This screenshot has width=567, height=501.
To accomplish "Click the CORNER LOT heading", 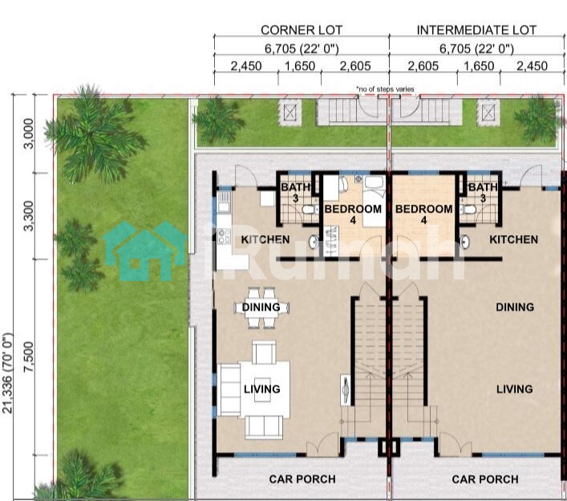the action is [x=302, y=30].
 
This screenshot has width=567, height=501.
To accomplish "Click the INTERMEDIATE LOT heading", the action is [x=476, y=30].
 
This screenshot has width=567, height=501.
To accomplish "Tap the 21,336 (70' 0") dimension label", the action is [x=7, y=373].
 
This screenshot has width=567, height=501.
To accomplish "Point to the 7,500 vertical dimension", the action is [x=28, y=357].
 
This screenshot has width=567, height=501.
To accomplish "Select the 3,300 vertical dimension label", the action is [x=28, y=216].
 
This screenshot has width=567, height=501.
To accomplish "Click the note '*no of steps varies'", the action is [x=385, y=89].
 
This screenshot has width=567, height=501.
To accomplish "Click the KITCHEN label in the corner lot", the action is [x=265, y=239].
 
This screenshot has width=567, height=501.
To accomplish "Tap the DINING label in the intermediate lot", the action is [x=515, y=308].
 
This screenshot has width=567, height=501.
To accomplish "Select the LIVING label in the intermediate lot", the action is [x=514, y=389].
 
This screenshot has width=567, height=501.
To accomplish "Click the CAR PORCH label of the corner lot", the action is [x=302, y=479].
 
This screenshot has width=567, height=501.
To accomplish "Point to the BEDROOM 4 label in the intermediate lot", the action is [x=423, y=214].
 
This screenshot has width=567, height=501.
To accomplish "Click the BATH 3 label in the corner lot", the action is [x=295, y=193].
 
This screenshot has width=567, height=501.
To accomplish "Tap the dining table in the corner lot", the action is [x=261, y=308].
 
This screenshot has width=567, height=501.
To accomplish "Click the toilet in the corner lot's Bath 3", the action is [x=310, y=210].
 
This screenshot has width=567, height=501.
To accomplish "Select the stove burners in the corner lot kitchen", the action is [x=225, y=236].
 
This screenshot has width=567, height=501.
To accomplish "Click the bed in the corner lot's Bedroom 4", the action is [x=375, y=201].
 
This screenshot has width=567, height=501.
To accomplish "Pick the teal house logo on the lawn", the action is [x=145, y=250].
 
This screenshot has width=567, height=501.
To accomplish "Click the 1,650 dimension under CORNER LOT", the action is [x=300, y=67].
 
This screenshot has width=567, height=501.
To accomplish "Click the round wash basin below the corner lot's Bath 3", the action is [x=314, y=242].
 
